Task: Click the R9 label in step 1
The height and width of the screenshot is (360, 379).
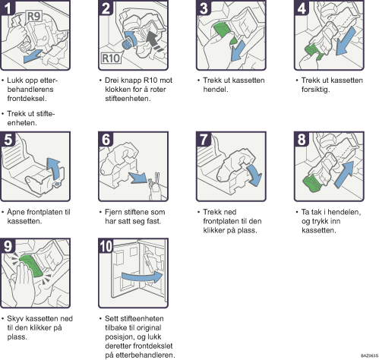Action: click(x=33, y=17)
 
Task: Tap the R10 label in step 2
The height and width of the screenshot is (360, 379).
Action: click(x=111, y=58)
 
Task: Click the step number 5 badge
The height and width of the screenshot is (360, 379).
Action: click(x=8, y=139)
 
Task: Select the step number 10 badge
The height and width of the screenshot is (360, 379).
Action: click(x=106, y=245)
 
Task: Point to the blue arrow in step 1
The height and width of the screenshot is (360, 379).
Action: click(x=32, y=56)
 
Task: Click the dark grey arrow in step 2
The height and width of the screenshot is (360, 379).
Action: click(x=155, y=41)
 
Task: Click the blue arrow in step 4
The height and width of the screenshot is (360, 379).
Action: click(x=346, y=41)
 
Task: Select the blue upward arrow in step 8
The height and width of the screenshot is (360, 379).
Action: click(x=344, y=174)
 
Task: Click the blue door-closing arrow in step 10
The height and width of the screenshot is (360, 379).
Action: click(x=142, y=277)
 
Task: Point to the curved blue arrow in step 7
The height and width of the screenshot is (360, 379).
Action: click(x=254, y=175)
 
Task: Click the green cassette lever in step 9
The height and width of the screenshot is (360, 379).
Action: click(x=31, y=266)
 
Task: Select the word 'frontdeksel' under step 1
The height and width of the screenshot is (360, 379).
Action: click(x=27, y=99)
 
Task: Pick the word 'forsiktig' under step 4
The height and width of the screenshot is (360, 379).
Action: click(x=315, y=90)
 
